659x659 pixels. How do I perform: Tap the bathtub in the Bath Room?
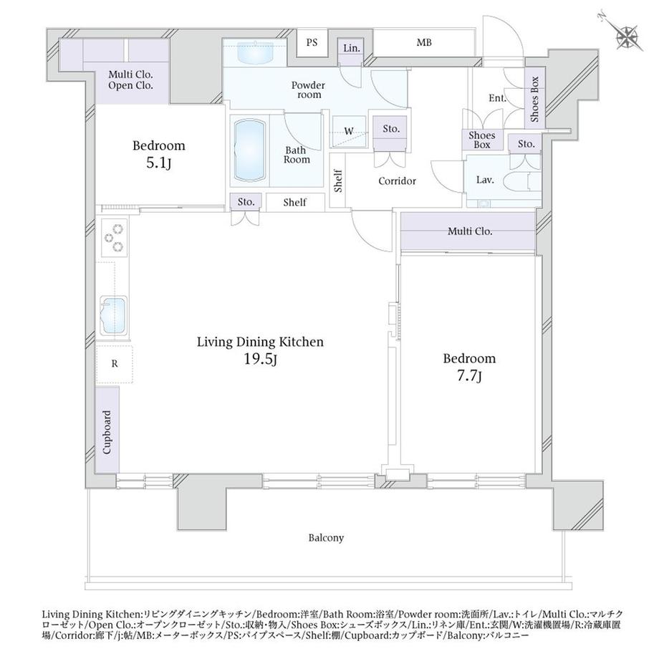pos(250,150)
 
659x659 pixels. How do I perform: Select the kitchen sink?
pos(113,316)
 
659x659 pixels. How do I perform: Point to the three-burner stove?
pos(114,238)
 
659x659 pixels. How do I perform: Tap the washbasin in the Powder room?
pos(255,52)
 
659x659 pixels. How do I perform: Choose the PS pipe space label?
pos(312,42)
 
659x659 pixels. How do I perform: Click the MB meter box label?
pos(424,42)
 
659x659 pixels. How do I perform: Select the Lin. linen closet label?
pos(352,48)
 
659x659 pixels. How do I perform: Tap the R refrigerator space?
pos(115,364)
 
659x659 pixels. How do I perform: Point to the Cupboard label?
pos(107,432)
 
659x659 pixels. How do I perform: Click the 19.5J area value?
pos(261,360)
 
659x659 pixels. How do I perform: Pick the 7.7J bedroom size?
pos(469,376)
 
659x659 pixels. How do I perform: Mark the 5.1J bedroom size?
pos(159,163)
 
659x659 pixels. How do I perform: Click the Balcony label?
pos(326,537)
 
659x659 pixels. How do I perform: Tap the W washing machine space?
pos(349,131)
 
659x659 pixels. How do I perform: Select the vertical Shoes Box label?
pos(534,99)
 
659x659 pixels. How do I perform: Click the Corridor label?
pos(397,181)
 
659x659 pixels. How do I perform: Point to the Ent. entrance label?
pos(497,98)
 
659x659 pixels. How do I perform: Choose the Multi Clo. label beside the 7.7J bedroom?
pos(470,231)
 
